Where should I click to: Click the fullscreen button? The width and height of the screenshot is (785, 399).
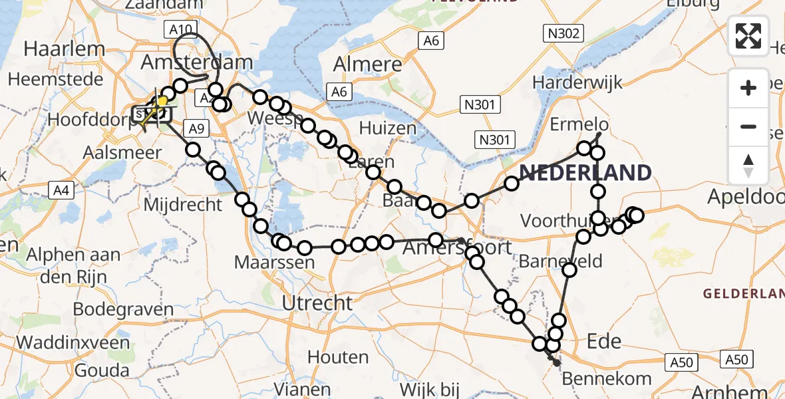[748, 36]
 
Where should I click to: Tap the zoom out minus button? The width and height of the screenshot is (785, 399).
[748, 126]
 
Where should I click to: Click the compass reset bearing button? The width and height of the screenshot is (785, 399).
[748, 166]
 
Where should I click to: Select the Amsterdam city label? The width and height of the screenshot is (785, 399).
[197, 63]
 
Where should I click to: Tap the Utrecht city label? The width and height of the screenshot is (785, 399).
[317, 303]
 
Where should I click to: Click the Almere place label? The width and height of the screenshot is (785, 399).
[367, 65]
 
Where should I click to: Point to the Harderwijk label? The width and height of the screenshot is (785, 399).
[577, 83]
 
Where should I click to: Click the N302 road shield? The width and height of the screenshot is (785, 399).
[562, 33]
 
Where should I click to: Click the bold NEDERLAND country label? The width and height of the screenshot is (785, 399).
[585, 173]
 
